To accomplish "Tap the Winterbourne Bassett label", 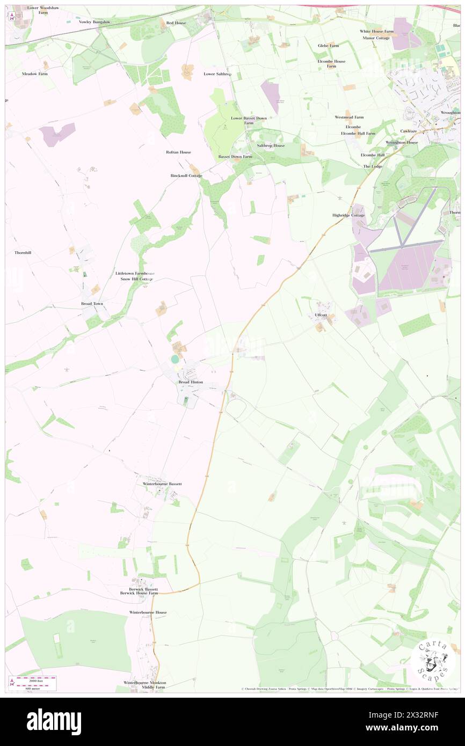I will (162, 484).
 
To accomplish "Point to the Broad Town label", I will (88, 304).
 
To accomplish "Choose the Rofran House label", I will (178, 152).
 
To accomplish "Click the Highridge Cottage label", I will (348, 215).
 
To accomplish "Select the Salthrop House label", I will (271, 145).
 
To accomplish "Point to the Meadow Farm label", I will (35, 74).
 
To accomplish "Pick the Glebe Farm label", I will (329, 46).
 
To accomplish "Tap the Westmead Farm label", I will (349, 117).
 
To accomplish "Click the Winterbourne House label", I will (148, 612).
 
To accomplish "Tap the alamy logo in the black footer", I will (54, 721).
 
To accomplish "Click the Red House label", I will (176, 23).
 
